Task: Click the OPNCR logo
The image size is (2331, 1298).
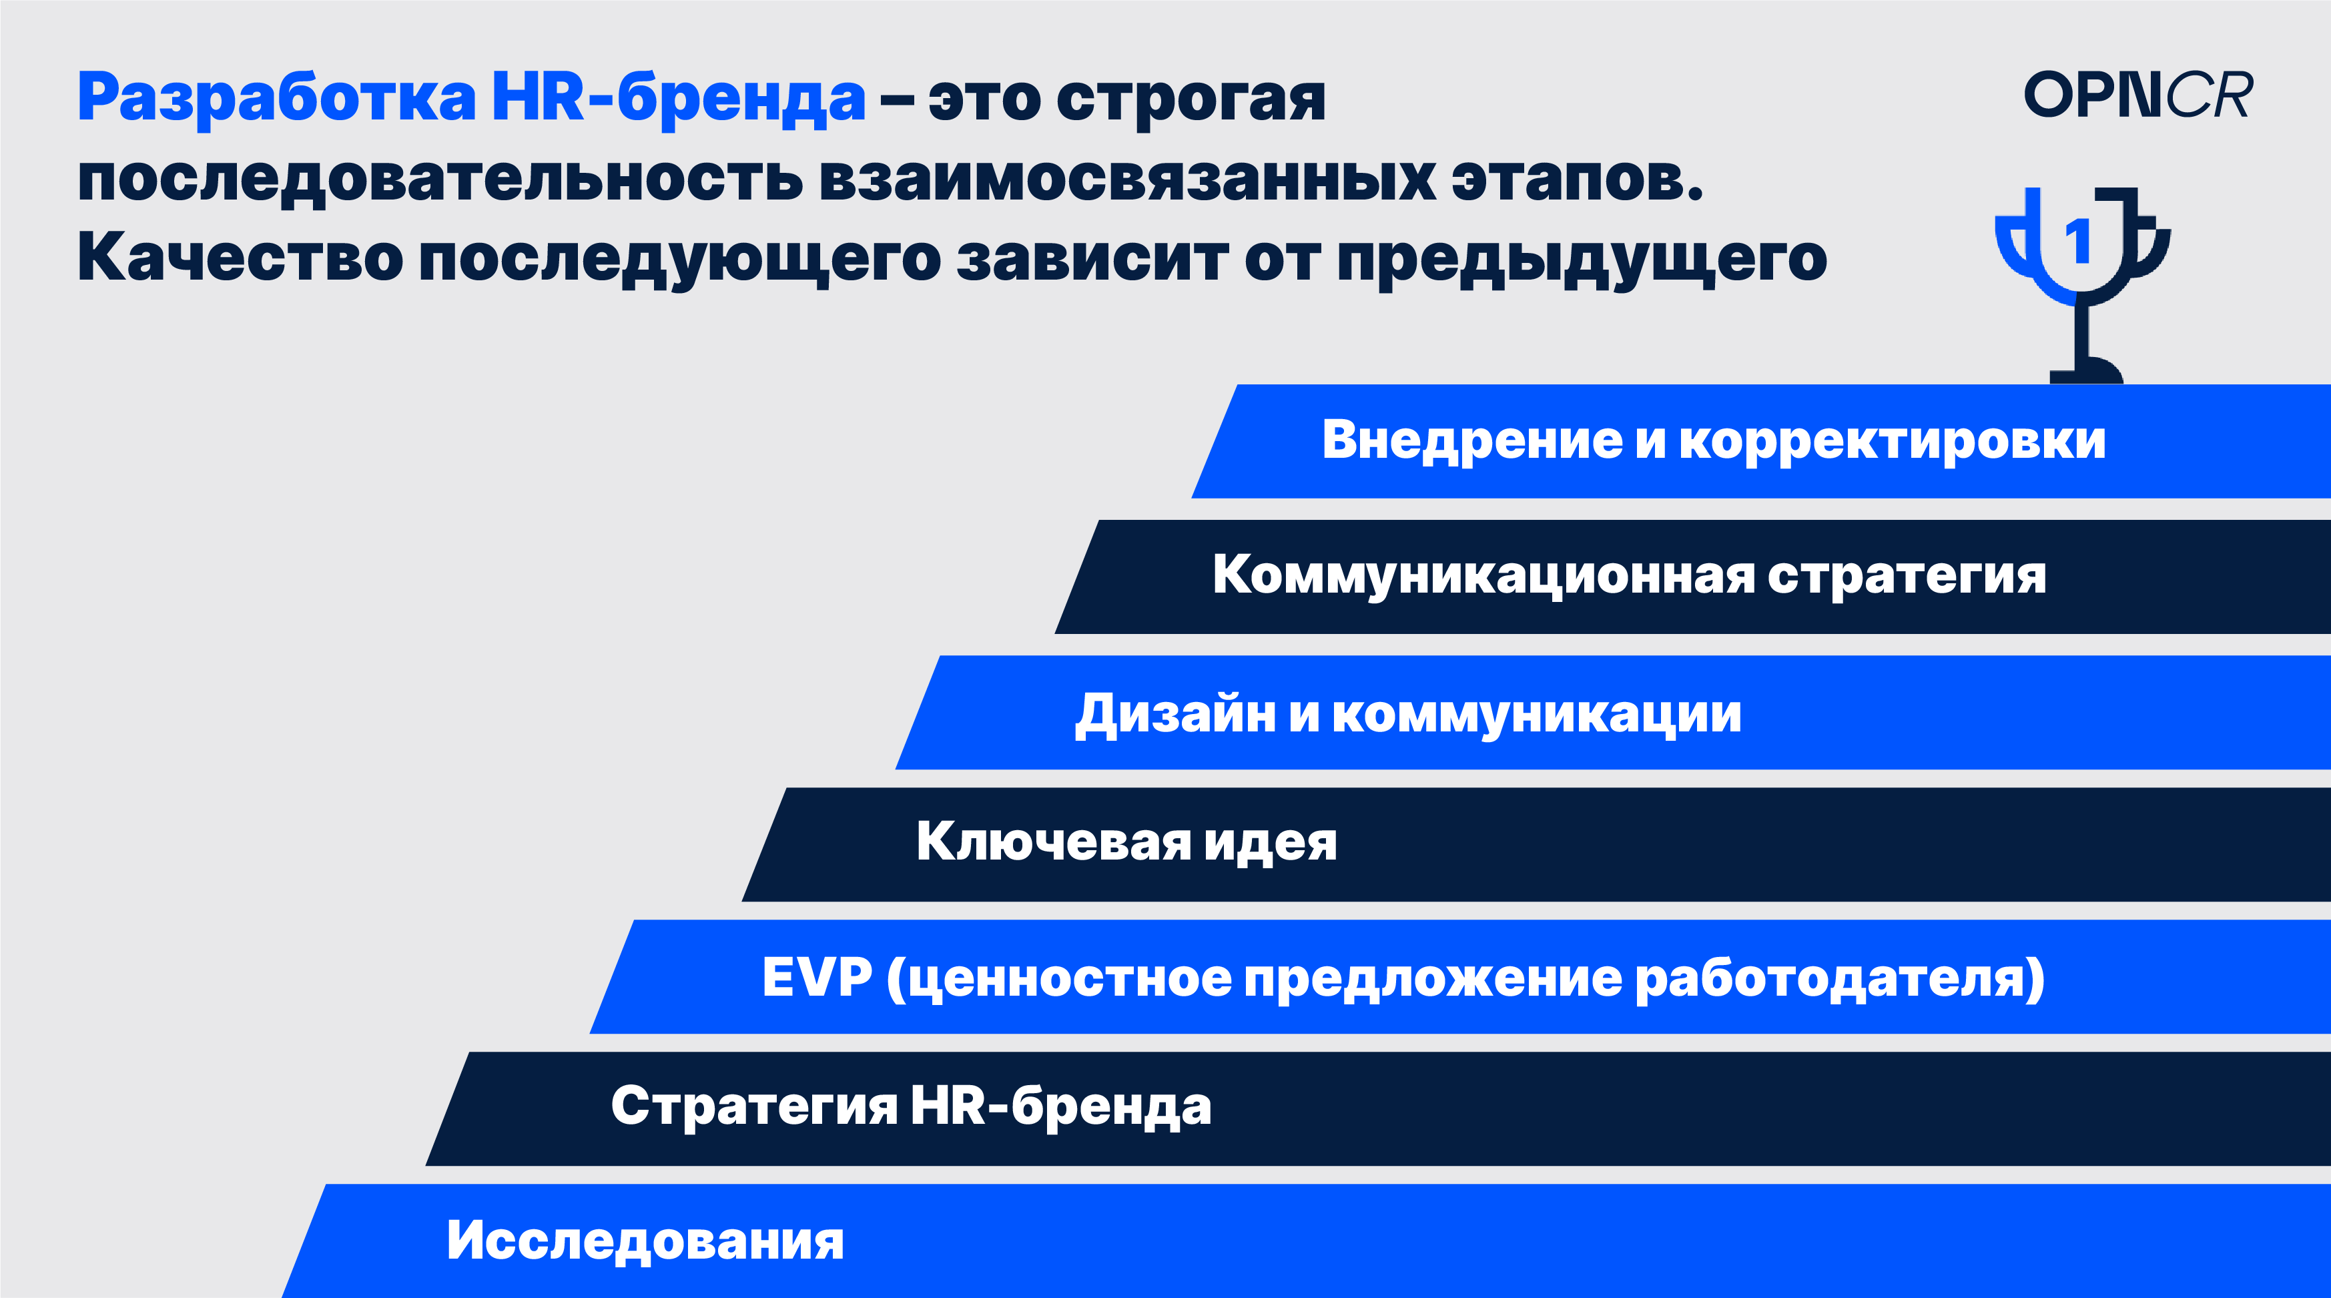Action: click(2137, 94)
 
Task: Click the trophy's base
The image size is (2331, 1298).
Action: click(2086, 370)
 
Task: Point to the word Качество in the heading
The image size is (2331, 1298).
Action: click(240, 259)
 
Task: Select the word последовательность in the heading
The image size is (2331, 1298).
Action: click(440, 178)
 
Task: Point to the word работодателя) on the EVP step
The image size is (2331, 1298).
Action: click(1840, 980)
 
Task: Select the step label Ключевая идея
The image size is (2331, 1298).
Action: click(1126, 842)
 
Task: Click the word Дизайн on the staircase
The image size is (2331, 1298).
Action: click(1175, 714)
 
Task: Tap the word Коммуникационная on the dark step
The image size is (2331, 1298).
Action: click(1484, 576)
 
